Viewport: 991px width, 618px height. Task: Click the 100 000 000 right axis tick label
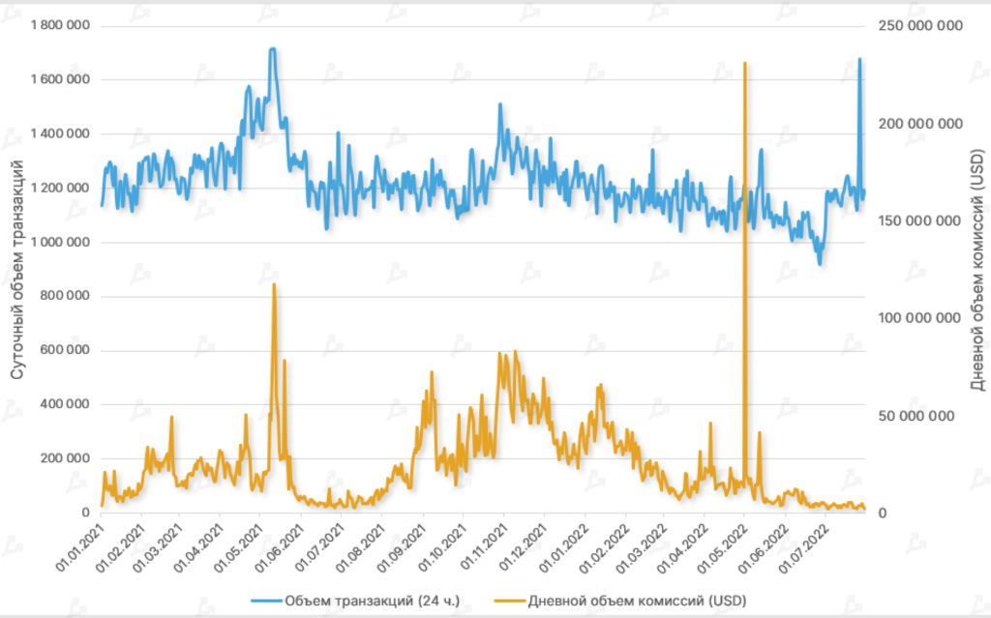pyautogui.click(x=920, y=318)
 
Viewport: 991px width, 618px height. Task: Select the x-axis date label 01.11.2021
pyautogui.click(x=487, y=546)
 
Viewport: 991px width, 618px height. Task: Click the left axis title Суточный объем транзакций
pyautogui.click(x=17, y=267)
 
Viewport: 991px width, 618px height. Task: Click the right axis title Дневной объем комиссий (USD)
pyautogui.click(x=976, y=267)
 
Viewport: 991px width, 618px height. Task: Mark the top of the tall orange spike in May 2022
pyautogui.click(x=744, y=63)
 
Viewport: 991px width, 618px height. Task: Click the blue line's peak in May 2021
pyautogui.click(x=273, y=48)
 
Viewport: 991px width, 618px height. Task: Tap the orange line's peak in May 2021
pyautogui.click(x=274, y=284)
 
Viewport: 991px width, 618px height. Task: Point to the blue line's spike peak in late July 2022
pyautogui.click(x=859, y=59)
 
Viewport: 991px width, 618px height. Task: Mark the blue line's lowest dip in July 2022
pyautogui.click(x=820, y=263)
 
